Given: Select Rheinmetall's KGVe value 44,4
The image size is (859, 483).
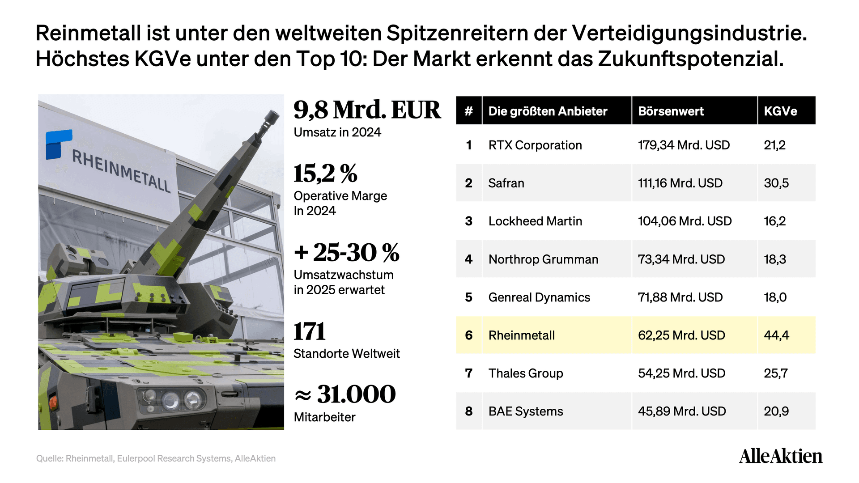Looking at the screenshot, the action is click(x=776, y=335).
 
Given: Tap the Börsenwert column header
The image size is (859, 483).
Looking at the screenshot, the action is click(x=671, y=111).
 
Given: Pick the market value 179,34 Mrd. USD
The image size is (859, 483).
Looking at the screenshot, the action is click(x=684, y=145).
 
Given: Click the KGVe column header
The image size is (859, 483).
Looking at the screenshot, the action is click(x=780, y=111).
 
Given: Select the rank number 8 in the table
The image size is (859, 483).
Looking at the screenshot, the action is click(x=468, y=411).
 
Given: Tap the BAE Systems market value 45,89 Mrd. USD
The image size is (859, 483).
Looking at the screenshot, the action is click(x=682, y=411).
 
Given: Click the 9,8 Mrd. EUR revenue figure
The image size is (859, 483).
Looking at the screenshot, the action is click(x=367, y=110).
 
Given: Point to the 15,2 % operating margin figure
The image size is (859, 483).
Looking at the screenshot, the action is click(x=325, y=173).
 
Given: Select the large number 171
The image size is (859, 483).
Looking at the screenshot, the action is click(x=309, y=331).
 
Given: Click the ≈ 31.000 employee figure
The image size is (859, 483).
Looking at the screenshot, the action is click(x=345, y=394).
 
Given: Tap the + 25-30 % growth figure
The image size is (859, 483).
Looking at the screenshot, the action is click(x=346, y=252).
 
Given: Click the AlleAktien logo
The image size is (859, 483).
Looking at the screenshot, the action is click(x=781, y=456).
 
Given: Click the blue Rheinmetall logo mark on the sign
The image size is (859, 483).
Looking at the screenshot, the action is click(x=59, y=144).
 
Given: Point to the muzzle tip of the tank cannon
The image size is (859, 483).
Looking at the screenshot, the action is click(x=272, y=117).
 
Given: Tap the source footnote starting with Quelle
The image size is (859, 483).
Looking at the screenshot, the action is click(x=156, y=458).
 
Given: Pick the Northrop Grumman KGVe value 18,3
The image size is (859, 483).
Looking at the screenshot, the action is click(x=774, y=259).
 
